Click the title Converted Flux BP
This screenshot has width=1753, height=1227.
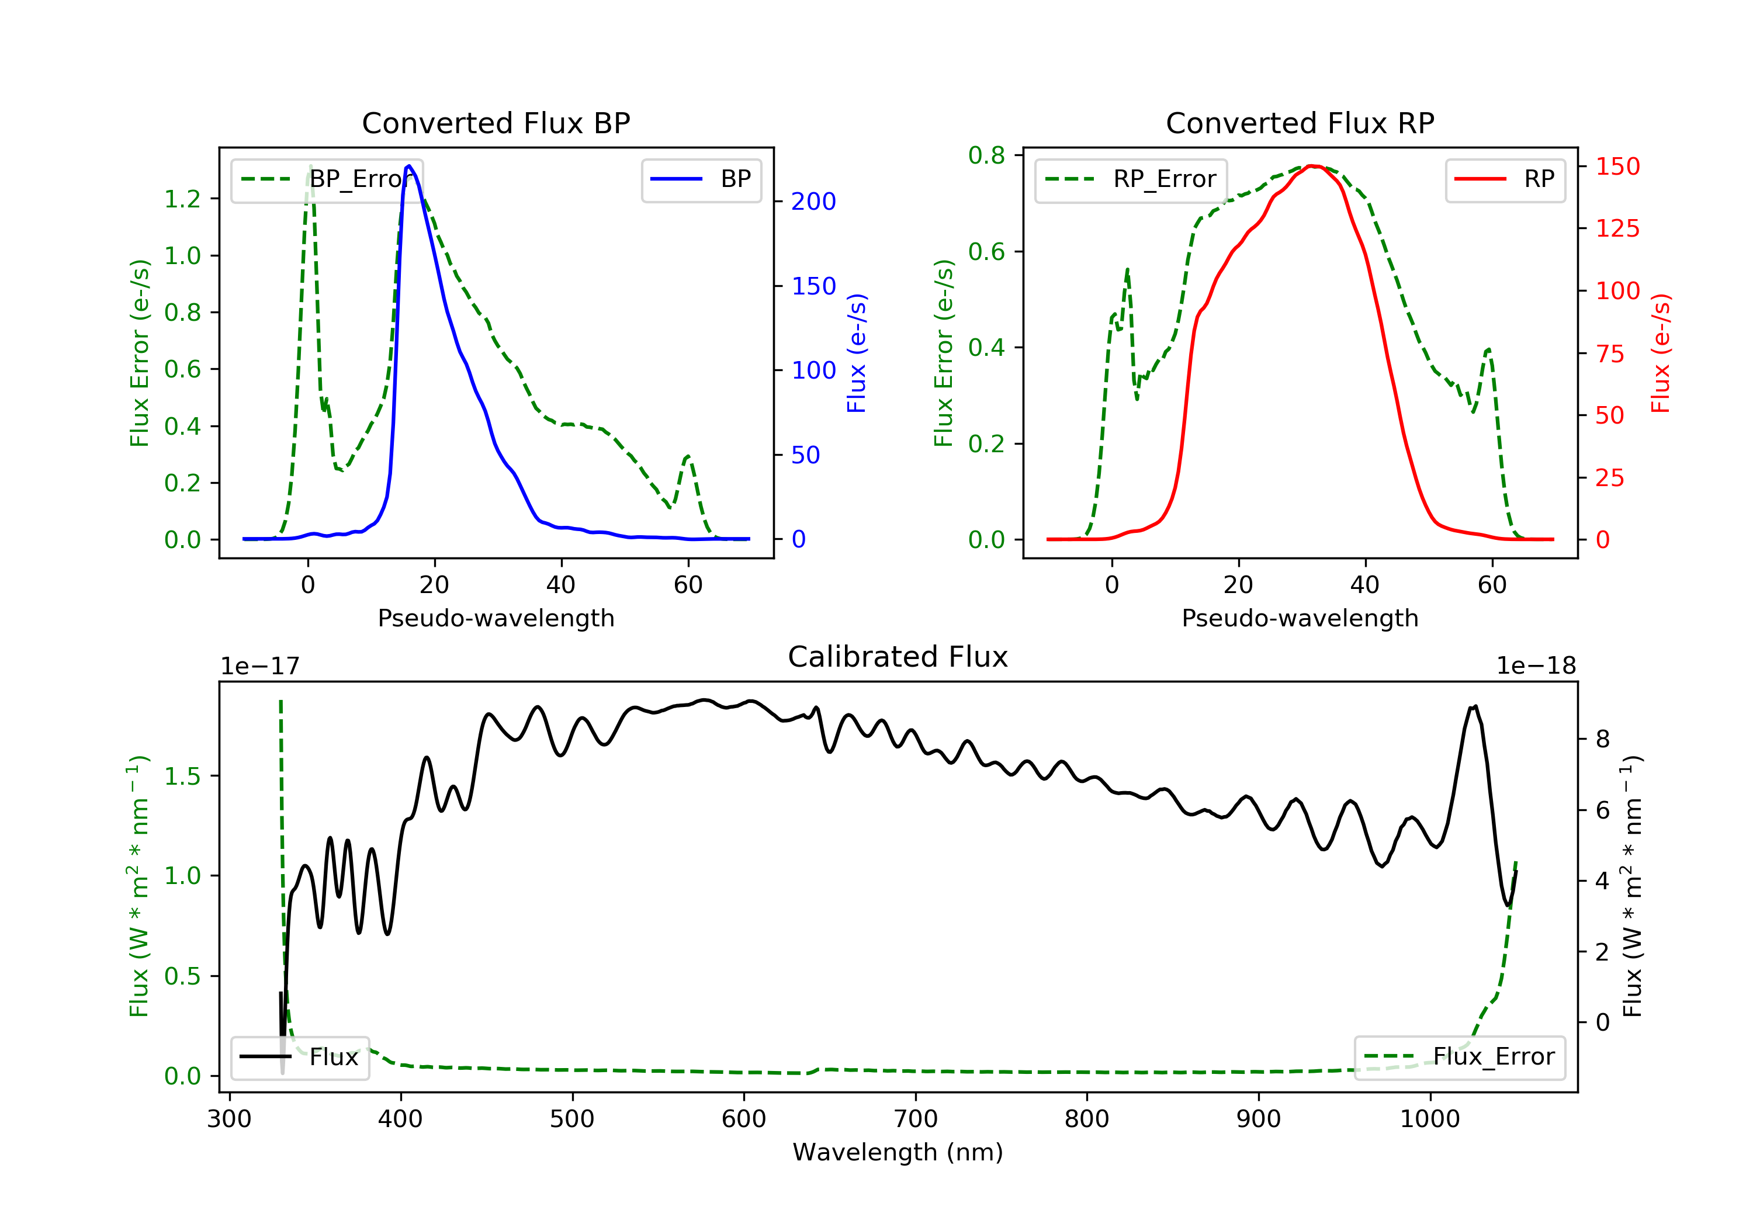pos(496,123)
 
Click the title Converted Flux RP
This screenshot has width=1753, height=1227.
pos(1300,123)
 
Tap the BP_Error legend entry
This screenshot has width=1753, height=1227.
pos(327,179)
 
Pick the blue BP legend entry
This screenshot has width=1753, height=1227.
pos(701,179)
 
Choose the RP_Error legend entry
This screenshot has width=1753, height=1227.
pos(1131,179)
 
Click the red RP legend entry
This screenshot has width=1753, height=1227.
pos(1505,179)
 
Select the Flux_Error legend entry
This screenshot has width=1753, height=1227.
pos(1459,1057)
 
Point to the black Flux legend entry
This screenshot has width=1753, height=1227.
pos(300,1057)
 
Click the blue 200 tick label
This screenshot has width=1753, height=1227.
pos(813,202)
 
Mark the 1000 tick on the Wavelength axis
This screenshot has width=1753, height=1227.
pos(1429,1119)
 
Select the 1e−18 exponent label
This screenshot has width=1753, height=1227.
pos(1536,667)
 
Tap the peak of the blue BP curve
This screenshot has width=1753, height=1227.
pos(409,166)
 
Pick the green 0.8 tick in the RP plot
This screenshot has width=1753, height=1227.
pos(986,156)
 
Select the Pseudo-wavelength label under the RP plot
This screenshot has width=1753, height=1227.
pos(1300,618)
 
